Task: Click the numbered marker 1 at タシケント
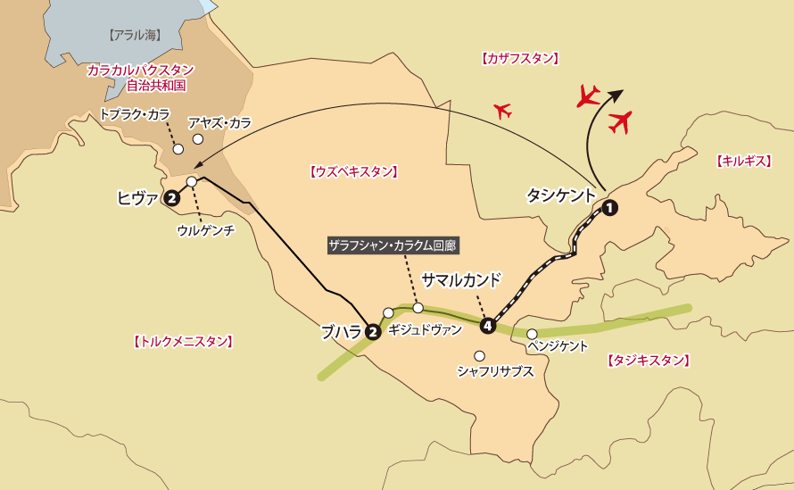click(609, 208)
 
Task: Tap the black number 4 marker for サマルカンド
click(487, 326)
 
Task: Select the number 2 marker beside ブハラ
click(373, 332)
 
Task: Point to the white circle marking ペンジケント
click(532, 334)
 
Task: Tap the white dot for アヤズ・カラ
click(198, 139)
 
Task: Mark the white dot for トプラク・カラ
click(178, 148)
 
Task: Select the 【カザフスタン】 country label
click(519, 59)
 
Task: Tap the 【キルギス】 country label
click(742, 161)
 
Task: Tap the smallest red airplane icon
click(502, 111)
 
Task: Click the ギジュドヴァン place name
click(426, 329)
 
